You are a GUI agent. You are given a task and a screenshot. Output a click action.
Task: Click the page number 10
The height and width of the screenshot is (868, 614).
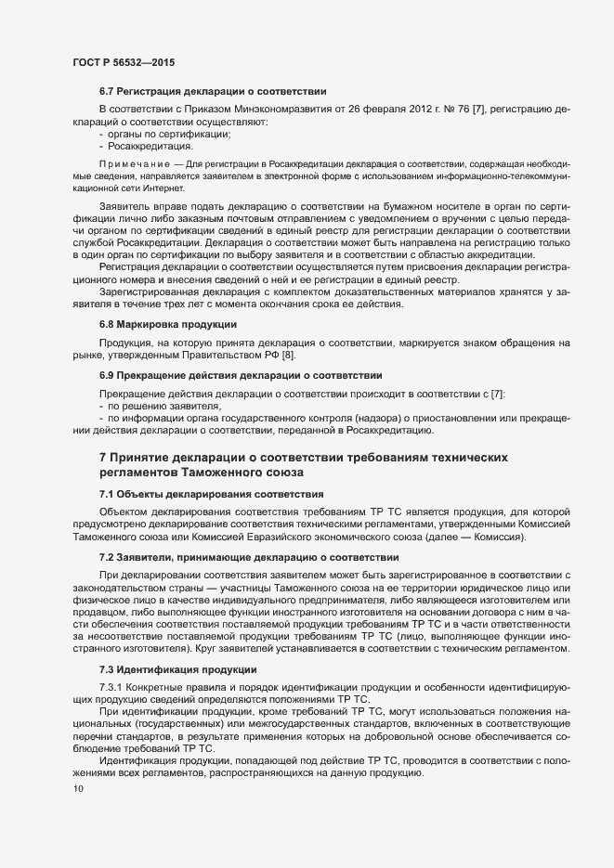[78, 789]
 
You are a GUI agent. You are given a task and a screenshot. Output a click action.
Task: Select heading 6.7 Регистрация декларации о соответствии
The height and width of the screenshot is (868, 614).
[213, 92]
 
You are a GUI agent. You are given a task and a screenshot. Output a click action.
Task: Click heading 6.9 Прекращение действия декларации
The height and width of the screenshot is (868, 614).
[241, 376]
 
